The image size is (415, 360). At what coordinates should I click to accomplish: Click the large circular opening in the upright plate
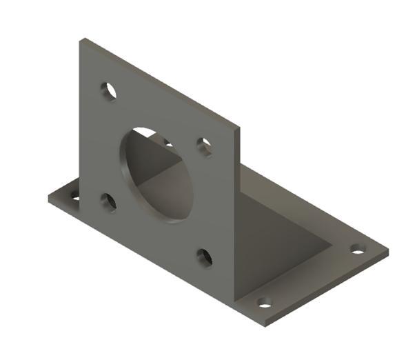(x=156, y=175)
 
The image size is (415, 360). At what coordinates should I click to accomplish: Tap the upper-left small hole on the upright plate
(x=108, y=90)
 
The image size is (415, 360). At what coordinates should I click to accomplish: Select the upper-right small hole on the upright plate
(x=205, y=146)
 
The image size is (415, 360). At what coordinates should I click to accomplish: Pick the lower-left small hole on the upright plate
(x=108, y=201)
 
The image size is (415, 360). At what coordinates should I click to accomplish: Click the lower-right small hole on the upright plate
(x=205, y=257)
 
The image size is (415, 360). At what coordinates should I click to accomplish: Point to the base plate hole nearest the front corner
(x=264, y=302)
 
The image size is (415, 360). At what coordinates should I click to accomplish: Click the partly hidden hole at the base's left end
(x=74, y=198)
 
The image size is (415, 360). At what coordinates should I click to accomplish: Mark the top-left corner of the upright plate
(x=80, y=39)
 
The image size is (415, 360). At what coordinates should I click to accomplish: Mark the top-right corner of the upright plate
(x=239, y=126)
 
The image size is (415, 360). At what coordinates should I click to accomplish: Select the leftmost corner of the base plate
(x=48, y=199)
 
